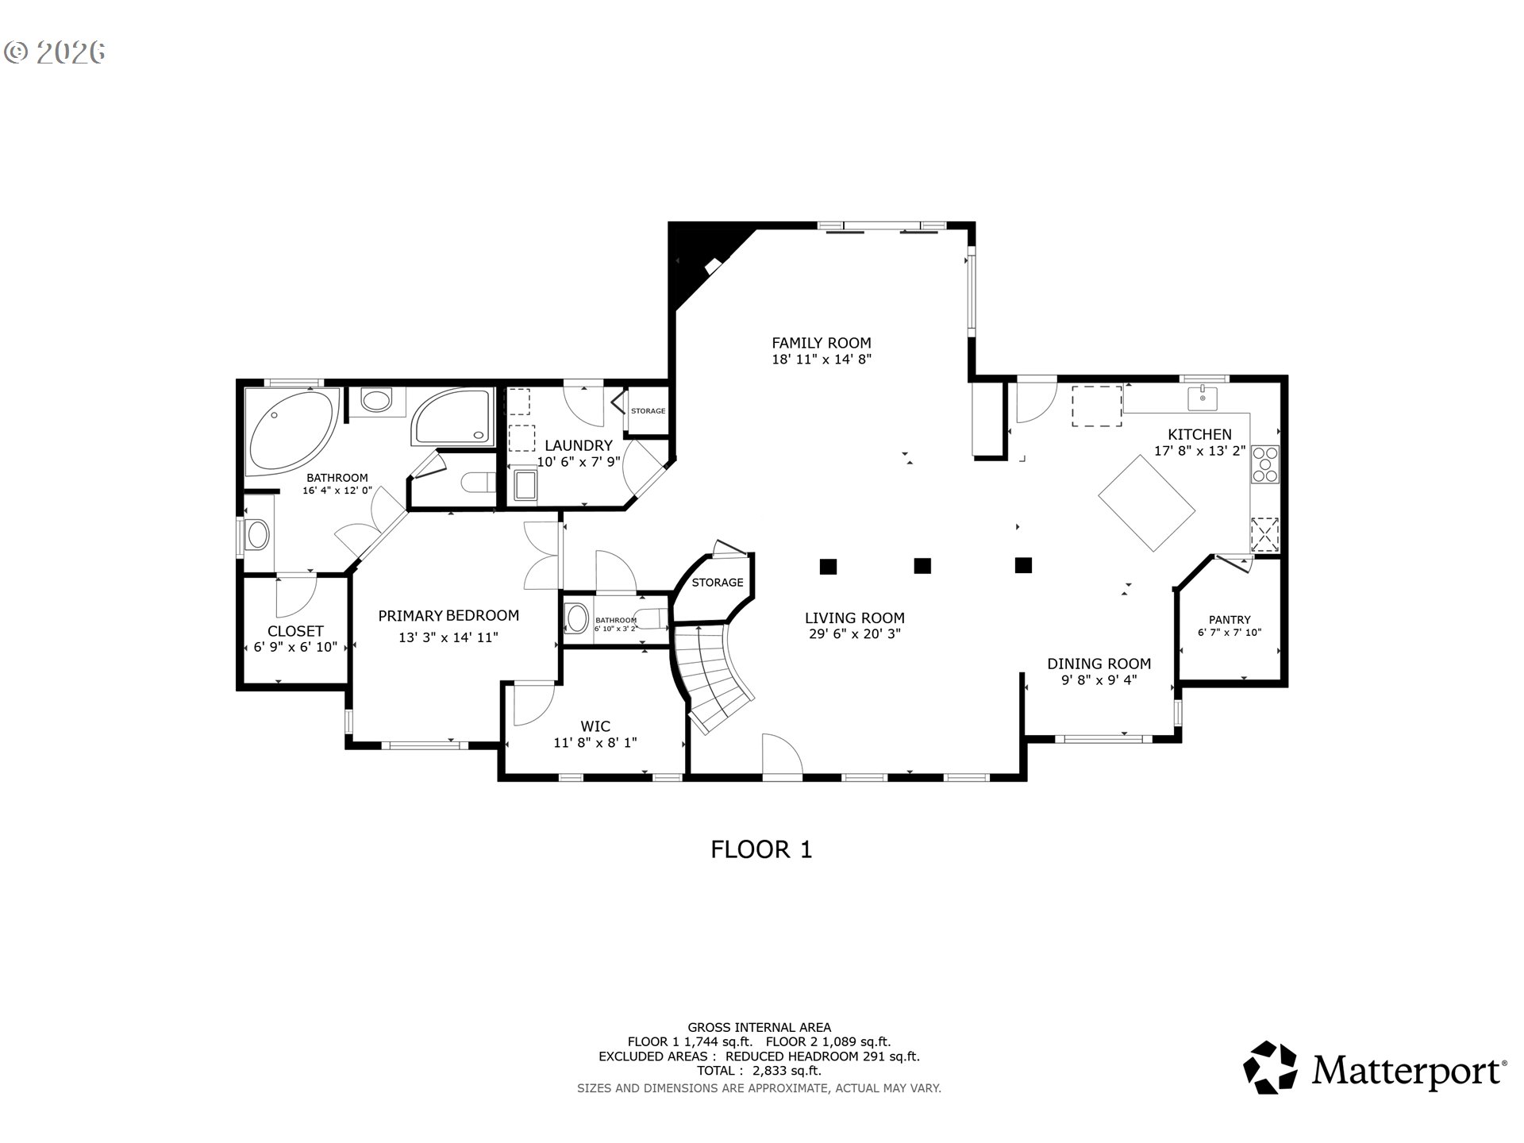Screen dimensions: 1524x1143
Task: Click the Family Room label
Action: tap(822, 343)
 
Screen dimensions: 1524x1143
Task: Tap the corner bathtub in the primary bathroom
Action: tap(292, 431)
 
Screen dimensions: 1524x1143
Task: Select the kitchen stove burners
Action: tap(1265, 464)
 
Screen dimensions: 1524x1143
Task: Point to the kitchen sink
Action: tap(1203, 398)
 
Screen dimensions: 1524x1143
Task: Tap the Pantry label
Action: tap(1230, 620)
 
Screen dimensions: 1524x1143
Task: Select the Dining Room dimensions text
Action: tap(1099, 679)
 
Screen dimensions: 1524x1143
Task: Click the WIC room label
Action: tap(595, 726)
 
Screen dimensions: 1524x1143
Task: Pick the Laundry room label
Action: tap(579, 446)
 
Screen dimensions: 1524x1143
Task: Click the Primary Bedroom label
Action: tap(448, 615)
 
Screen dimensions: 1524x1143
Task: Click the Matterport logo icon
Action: tap(1270, 1068)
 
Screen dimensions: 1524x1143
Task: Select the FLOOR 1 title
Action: tap(761, 850)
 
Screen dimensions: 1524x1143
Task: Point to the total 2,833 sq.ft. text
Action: tap(760, 1071)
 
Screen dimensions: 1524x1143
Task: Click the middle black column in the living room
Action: tap(922, 566)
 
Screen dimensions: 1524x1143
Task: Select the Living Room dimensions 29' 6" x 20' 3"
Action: tap(854, 634)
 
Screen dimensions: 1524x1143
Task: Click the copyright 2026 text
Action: tap(55, 52)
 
